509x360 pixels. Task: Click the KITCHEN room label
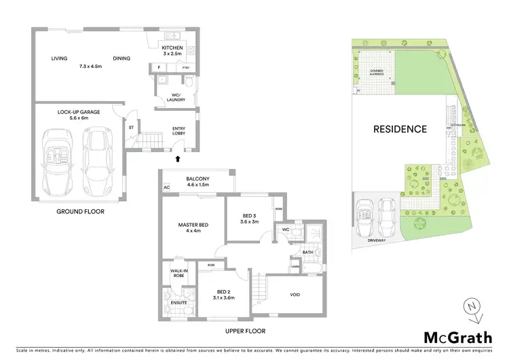(x=172, y=48)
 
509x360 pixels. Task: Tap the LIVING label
(x=60, y=58)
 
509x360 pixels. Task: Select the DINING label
(x=121, y=58)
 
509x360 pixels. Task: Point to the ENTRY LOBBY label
(x=180, y=131)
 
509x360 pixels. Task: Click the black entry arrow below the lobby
(x=178, y=159)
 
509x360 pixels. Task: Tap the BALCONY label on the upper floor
(x=200, y=180)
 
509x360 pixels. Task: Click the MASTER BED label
(x=193, y=226)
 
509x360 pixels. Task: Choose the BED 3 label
(x=250, y=217)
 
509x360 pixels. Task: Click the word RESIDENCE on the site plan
(x=400, y=129)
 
